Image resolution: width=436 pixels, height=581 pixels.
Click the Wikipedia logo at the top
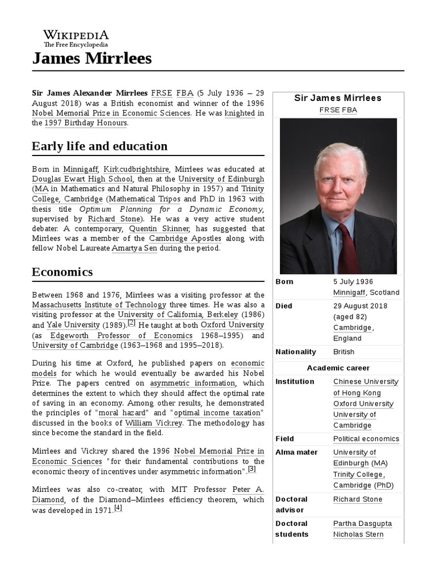tap(76, 37)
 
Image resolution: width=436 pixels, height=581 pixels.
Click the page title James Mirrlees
tap(92, 58)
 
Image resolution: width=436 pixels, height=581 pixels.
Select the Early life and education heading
tap(99, 146)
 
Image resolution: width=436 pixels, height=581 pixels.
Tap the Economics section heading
tap(62, 272)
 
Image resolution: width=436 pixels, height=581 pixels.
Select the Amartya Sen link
tap(135, 249)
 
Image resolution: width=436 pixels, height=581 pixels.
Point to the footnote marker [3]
tap(251, 469)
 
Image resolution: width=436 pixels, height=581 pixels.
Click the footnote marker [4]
tap(118, 508)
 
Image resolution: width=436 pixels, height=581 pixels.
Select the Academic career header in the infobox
tap(338, 368)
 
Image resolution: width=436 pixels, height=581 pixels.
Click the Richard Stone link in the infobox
tap(358, 499)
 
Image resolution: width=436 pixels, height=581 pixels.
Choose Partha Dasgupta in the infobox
tap(362, 523)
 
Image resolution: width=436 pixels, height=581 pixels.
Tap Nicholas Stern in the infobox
tap(358, 534)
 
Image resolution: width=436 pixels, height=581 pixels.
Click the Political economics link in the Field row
tap(366, 439)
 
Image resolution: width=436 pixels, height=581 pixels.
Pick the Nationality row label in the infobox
tap(296, 352)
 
